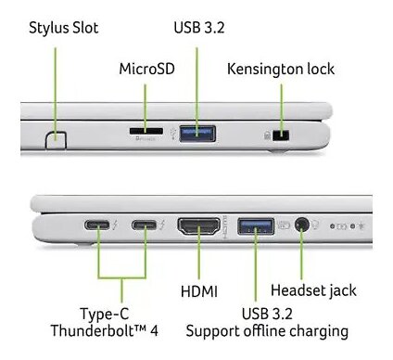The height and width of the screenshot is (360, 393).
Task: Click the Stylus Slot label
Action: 64,28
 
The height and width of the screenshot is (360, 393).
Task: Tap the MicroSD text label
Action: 146,69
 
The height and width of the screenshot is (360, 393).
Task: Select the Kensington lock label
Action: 281,69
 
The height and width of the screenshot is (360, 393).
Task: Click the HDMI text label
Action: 199,291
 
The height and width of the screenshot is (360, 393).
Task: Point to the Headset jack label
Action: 313,290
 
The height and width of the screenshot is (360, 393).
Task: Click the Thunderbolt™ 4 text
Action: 105,330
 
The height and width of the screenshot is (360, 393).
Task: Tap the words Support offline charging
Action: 267,331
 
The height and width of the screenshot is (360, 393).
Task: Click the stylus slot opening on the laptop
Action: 56,140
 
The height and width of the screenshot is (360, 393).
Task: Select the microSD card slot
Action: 146,131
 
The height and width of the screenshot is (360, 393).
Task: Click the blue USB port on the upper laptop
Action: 197,134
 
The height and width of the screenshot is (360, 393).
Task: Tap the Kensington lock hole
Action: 281,135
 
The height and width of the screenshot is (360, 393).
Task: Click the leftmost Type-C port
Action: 97,225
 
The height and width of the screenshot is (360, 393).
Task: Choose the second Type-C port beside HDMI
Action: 145,225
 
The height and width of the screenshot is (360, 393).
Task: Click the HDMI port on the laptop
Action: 199,227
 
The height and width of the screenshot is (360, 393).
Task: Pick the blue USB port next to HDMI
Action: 256,226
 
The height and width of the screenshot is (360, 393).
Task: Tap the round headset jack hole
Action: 302,225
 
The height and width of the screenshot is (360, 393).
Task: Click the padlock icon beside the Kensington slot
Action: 268,135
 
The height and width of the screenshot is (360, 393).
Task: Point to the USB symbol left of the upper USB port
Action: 173,134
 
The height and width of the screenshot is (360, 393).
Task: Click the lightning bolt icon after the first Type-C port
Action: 115,225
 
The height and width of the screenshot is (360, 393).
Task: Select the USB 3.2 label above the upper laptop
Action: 199,28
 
